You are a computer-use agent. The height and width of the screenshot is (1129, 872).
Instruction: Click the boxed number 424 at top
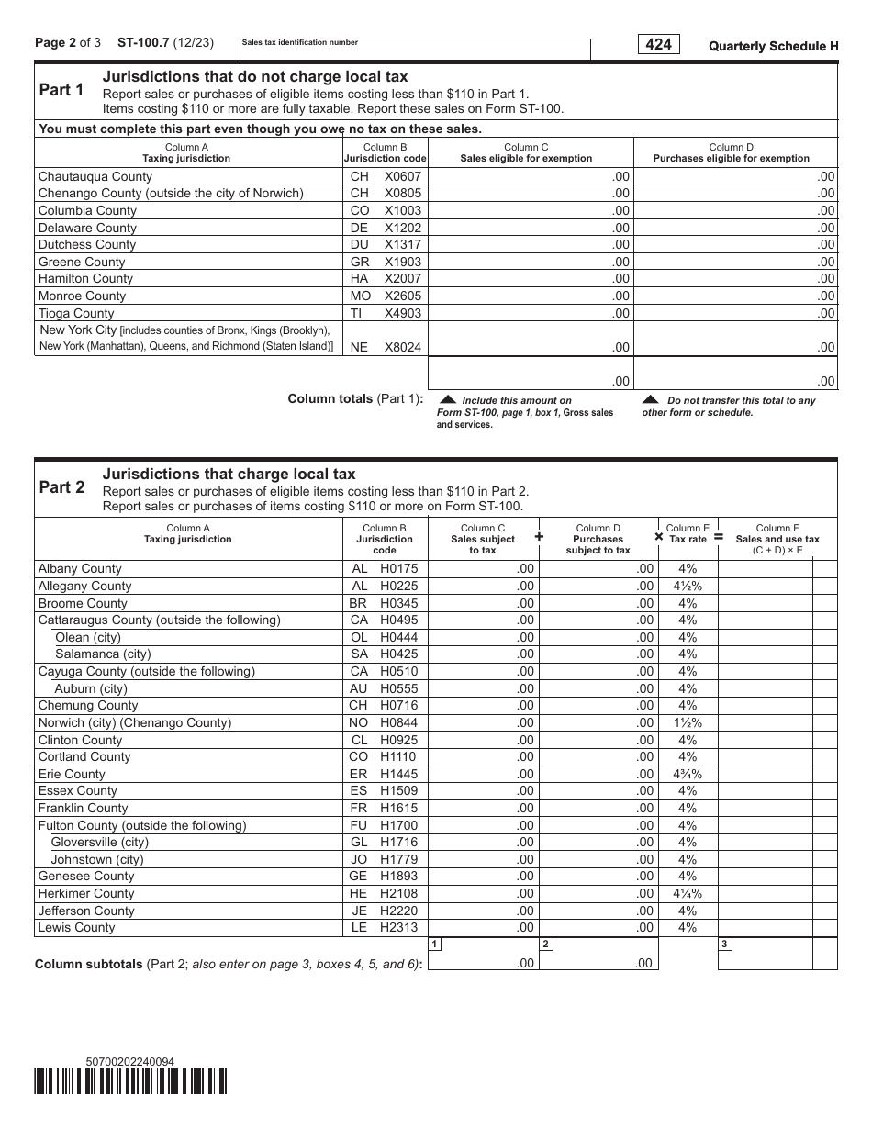(658, 44)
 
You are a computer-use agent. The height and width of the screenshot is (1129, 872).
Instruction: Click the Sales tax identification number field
(415, 50)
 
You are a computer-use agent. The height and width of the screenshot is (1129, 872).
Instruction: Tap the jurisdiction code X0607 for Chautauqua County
(402, 176)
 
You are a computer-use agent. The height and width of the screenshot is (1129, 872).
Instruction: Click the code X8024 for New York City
(402, 347)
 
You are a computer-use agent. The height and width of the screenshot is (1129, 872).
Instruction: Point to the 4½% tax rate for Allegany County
(687, 586)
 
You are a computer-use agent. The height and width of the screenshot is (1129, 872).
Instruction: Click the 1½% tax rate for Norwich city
(687, 722)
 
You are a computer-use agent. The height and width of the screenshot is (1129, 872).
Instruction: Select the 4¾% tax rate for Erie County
(687, 774)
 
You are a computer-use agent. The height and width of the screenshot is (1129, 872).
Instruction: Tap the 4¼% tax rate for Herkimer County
(687, 893)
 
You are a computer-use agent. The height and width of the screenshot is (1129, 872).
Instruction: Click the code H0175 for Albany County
(398, 569)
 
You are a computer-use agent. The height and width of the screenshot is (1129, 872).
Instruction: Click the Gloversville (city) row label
(99, 842)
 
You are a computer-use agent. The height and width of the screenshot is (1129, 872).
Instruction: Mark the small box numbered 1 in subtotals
(434, 944)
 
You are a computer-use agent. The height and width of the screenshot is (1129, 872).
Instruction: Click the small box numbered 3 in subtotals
(724, 944)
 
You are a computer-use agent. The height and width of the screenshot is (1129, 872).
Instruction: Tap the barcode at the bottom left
(130, 1083)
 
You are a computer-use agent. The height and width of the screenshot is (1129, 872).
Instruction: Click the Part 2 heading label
(61, 487)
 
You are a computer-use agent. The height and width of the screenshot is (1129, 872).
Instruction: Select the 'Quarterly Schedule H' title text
(773, 46)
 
